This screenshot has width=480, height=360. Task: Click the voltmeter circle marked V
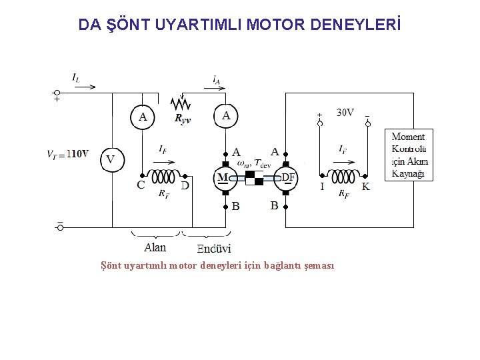tap(111, 159)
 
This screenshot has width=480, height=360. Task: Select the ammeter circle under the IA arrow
tap(226, 116)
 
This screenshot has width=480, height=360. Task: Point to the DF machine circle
tap(286, 177)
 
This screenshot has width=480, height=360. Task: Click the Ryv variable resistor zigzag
tap(181, 105)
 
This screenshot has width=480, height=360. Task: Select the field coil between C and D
tap(162, 177)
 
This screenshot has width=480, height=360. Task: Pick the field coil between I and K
tap(343, 177)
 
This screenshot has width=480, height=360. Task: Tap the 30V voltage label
tap(345, 113)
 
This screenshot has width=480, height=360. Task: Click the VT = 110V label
tap(67, 154)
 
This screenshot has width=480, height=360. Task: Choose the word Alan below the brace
tap(155, 247)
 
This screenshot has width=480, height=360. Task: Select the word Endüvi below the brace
tap(213, 249)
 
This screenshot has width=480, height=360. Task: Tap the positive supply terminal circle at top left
tap(57, 93)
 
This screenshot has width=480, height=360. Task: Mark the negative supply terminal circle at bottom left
tap(59, 227)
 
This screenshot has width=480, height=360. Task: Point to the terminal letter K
tap(366, 187)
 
